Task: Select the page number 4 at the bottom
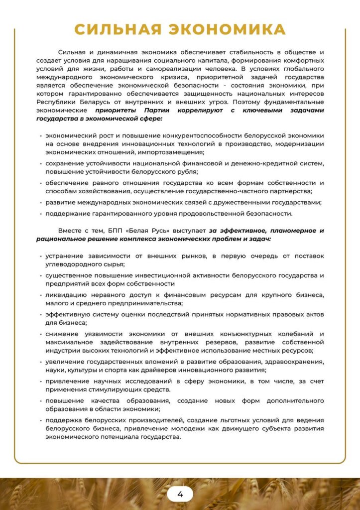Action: (x=180, y=494)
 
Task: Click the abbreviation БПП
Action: (x=116, y=231)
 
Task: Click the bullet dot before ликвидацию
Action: (x=40, y=295)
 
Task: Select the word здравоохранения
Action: (x=296, y=362)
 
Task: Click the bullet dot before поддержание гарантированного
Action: (x=40, y=214)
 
